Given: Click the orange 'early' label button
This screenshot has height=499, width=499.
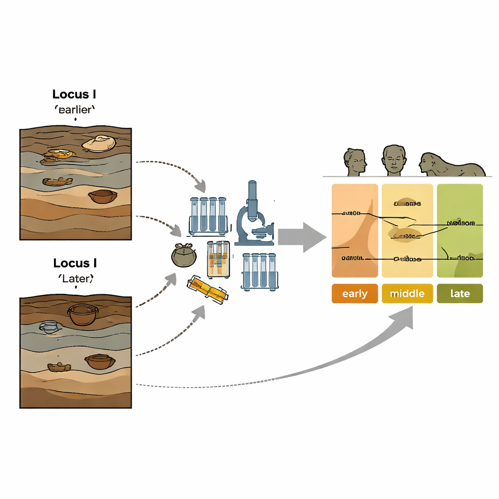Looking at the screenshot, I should pyautogui.click(x=355, y=294).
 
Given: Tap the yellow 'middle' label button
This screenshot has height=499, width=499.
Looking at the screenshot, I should pyautogui.click(x=407, y=294).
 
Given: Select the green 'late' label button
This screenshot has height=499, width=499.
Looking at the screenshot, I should pyautogui.click(x=460, y=294).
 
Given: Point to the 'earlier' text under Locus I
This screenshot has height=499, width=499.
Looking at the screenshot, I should pyautogui.click(x=75, y=110).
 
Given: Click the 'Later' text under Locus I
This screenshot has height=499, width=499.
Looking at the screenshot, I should pyautogui.click(x=76, y=279).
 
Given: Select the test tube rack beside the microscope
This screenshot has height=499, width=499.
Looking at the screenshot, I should pyautogui.click(x=208, y=215).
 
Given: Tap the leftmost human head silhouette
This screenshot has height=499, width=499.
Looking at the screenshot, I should pyautogui.click(x=355, y=162).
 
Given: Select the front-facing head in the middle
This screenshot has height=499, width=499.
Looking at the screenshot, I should pyautogui.click(x=394, y=160).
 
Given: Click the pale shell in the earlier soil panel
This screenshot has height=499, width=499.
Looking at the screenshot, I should pyautogui.click(x=99, y=143).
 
